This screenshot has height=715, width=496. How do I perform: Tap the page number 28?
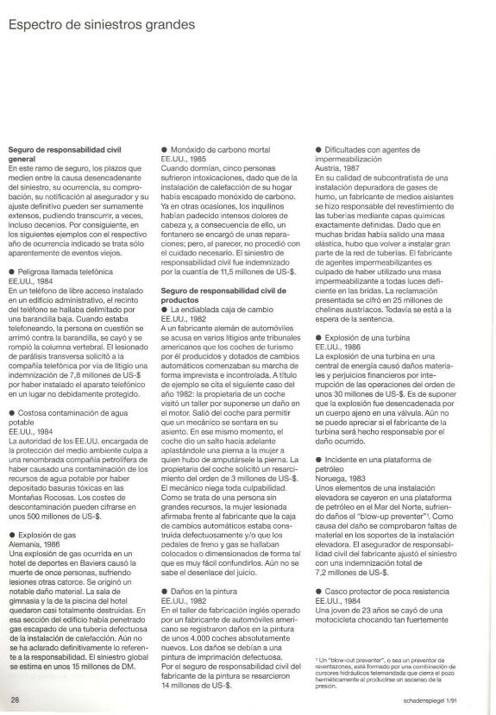point(15,697)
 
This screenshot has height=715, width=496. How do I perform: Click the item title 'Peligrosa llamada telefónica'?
point(65,247)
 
